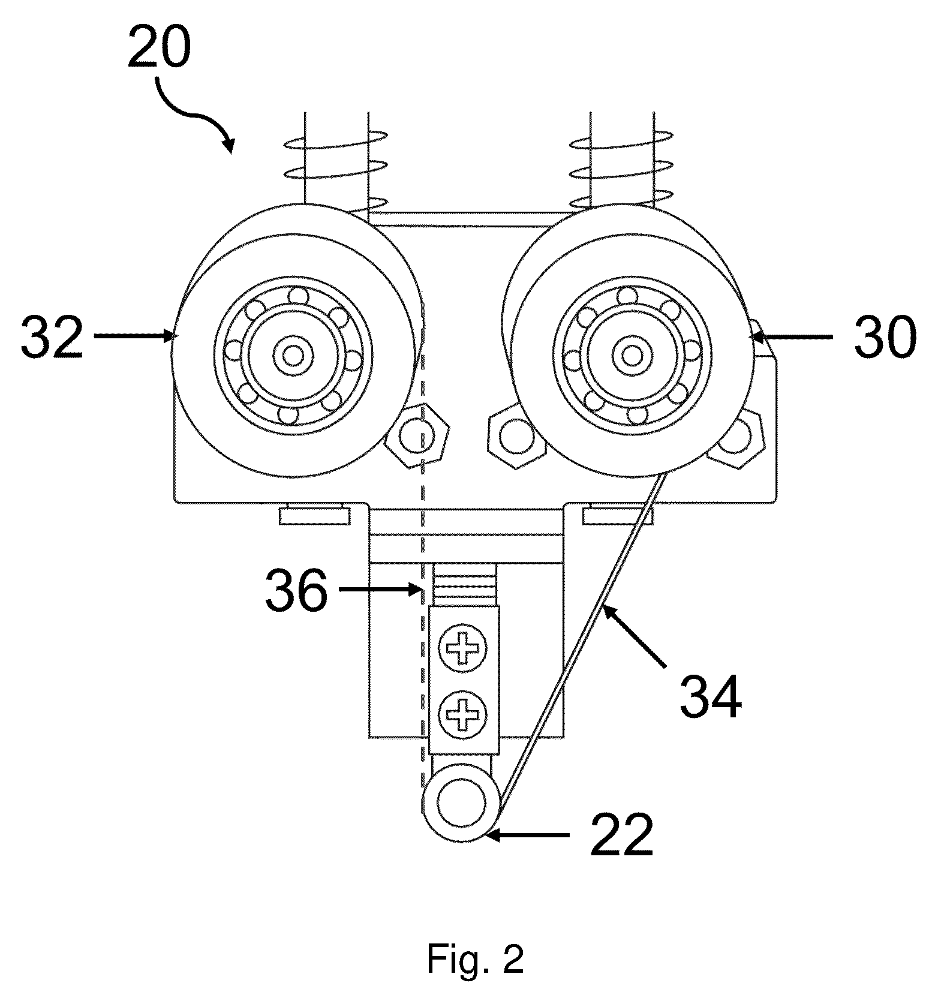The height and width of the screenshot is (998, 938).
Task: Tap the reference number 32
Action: tap(52, 337)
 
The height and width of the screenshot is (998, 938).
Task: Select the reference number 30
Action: tap(884, 337)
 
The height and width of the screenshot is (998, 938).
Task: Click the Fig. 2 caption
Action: tap(476, 960)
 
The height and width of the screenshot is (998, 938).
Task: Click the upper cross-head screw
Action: tap(462, 648)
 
